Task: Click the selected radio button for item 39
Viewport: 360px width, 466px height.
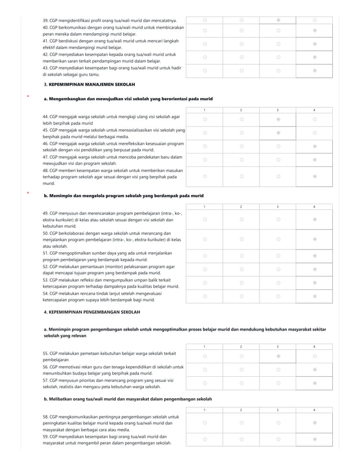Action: click(278, 20)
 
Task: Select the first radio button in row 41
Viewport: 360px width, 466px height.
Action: click(205, 43)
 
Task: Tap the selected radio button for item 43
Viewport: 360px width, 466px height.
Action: click(314, 71)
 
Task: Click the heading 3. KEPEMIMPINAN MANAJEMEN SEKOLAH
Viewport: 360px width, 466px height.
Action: click(89, 84)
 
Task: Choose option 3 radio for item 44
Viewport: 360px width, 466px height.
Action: click(278, 120)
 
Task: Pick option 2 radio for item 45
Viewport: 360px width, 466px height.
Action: click(241, 133)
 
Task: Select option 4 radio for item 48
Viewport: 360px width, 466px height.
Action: click(314, 176)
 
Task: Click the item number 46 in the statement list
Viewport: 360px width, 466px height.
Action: click(46, 144)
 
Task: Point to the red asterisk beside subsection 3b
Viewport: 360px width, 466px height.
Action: click(28, 194)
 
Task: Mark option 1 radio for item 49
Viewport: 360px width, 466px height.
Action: click(205, 219)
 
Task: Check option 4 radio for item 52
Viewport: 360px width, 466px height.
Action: click(314, 269)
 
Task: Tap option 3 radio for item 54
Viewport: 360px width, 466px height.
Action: click(278, 296)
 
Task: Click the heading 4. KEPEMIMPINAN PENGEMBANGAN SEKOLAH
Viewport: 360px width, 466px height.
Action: click(92, 311)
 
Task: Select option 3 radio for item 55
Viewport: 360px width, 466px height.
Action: click(278, 357)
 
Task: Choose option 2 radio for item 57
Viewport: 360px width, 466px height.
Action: click(241, 384)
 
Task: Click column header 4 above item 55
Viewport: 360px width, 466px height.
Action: click(314, 346)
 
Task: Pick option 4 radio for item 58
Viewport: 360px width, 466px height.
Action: click(314, 423)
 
